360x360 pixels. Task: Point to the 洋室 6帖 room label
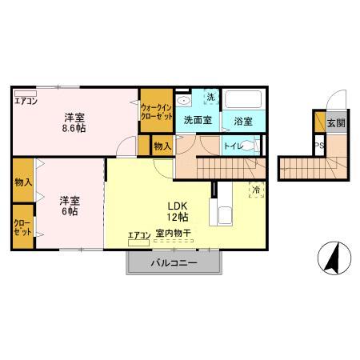pos(68,206)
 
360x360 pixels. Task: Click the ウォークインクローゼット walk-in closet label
pos(155,111)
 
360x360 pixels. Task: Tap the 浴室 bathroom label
pos(244,121)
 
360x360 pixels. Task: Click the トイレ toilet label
pos(233,146)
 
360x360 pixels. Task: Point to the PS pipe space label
pos(318,146)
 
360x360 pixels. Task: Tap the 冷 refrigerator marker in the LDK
pos(256,190)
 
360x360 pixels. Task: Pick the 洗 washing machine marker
pos(210,98)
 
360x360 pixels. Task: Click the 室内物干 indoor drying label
pos(173,233)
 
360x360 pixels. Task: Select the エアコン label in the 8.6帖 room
pos(27,100)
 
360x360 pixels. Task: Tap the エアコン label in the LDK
pos(139,234)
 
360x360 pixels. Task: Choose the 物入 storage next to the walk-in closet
pos(162,146)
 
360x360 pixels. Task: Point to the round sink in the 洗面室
pos(183,101)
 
